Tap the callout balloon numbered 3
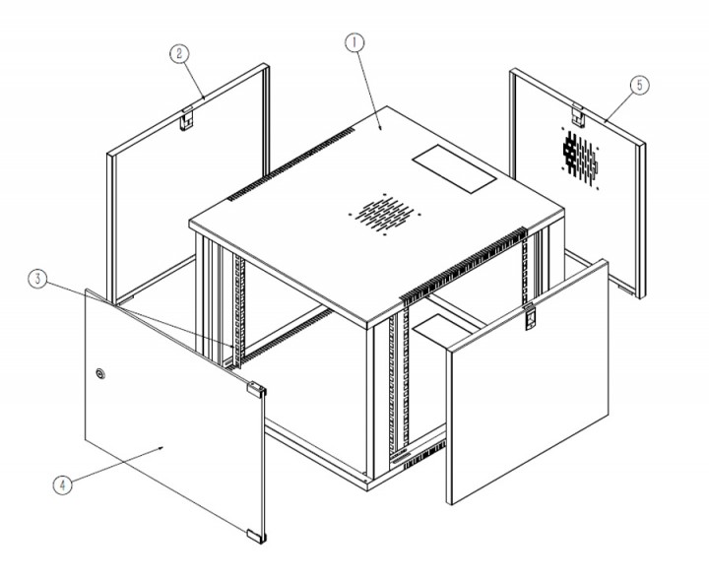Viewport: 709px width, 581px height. [38, 280]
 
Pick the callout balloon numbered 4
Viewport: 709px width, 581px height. [62, 484]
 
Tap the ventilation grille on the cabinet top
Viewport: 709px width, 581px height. [385, 214]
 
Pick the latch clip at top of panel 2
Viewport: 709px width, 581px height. [185, 118]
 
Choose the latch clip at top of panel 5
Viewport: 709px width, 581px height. [579, 116]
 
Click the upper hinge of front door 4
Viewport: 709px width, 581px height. [254, 388]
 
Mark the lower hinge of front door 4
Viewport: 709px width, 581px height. [255, 534]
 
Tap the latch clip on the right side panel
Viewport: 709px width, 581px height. [529, 317]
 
